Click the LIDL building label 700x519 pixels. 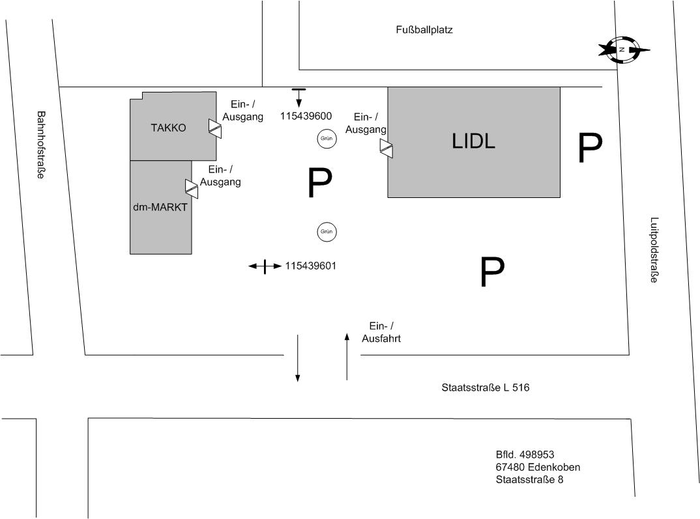pos(473,141)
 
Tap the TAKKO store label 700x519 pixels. pos(168,128)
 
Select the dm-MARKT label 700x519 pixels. pos(160,208)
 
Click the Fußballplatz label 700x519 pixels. pos(424,29)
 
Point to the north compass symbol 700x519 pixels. pos(624,49)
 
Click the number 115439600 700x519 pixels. pos(306,117)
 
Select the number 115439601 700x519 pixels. pos(310,266)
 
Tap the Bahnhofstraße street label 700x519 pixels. pos(40,145)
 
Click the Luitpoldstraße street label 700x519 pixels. pos(654,250)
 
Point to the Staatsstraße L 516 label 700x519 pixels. pos(485,387)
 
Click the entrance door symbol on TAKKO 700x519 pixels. pos(215,127)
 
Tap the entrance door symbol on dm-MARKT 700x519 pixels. pos(192,188)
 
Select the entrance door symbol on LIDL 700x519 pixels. pos(386,148)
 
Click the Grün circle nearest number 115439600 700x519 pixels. pos(327,138)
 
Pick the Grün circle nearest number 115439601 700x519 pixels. pos(327,231)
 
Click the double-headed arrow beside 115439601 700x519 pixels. pos(265,266)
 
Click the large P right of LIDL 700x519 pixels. pos(589,149)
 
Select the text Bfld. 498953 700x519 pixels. pos(525,455)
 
